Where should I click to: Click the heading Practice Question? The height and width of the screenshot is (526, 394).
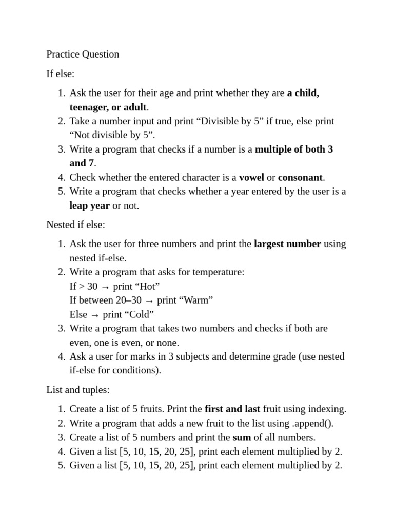83,54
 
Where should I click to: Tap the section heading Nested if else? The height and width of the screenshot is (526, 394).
75,224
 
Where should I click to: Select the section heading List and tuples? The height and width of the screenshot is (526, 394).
78,390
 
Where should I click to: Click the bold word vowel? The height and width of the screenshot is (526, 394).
251,177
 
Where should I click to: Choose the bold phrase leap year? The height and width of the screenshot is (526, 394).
90,205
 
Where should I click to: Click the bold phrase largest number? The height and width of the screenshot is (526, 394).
287,244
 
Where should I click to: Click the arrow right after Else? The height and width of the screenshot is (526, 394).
95,315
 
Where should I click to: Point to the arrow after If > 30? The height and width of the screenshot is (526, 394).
105,287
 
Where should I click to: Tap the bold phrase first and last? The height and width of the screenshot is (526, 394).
232,409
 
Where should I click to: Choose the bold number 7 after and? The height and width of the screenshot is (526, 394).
91,163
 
